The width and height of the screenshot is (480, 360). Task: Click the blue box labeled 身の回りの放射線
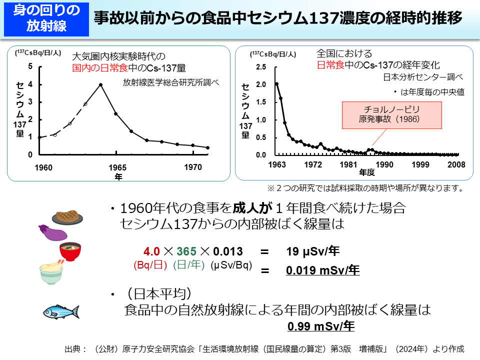coord(45,18)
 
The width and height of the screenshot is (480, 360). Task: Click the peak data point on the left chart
coord(100,84)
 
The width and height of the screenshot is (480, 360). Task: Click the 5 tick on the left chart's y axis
coord(31,66)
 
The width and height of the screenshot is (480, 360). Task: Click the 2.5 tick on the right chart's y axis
coord(261,66)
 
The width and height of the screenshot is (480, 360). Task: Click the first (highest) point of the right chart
coord(276,84)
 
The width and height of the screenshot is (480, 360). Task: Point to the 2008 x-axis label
coord(456,165)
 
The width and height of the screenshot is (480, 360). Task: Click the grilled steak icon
coord(67,217)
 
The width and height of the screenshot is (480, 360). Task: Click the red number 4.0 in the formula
coord(151,251)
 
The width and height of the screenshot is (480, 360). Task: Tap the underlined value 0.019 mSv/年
coord(323,270)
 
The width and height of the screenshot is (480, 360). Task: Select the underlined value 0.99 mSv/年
coord(321,326)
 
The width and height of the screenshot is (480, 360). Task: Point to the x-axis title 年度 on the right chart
coord(366,173)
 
